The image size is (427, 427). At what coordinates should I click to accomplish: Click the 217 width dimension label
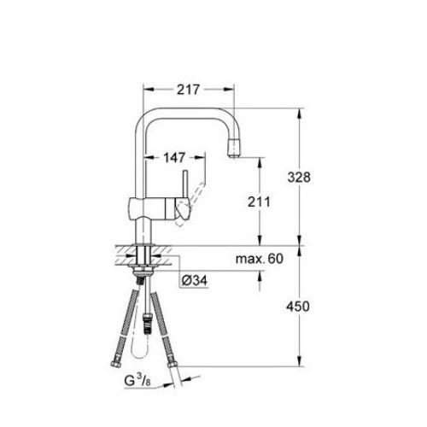point(189,87)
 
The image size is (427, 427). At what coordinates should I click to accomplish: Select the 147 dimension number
point(175,158)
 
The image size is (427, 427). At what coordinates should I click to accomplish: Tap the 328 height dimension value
point(319,178)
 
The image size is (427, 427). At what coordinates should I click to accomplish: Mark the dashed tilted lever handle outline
point(198,190)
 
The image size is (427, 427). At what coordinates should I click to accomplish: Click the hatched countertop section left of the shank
point(123,254)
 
